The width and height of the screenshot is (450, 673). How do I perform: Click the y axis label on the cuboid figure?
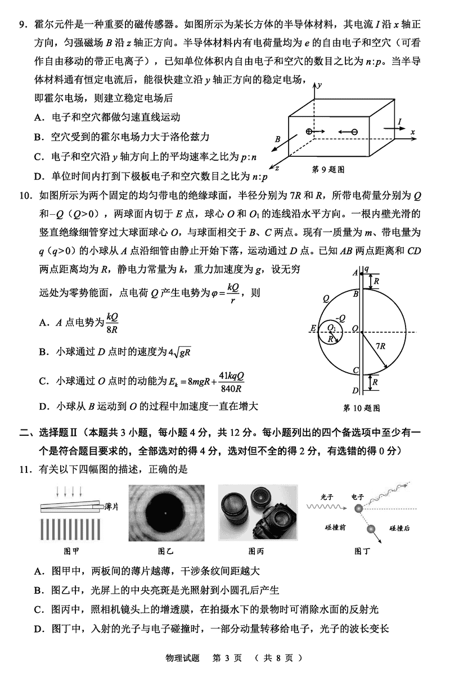tap(318, 85)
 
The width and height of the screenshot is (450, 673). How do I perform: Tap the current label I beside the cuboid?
tap(399, 122)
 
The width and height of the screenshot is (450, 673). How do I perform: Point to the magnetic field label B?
tap(277, 138)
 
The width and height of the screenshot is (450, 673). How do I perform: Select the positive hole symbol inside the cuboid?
tap(309, 132)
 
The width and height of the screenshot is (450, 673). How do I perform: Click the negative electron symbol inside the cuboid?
tap(354, 132)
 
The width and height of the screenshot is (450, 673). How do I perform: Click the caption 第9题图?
tap(328, 169)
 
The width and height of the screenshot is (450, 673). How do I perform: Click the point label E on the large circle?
tap(313, 328)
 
